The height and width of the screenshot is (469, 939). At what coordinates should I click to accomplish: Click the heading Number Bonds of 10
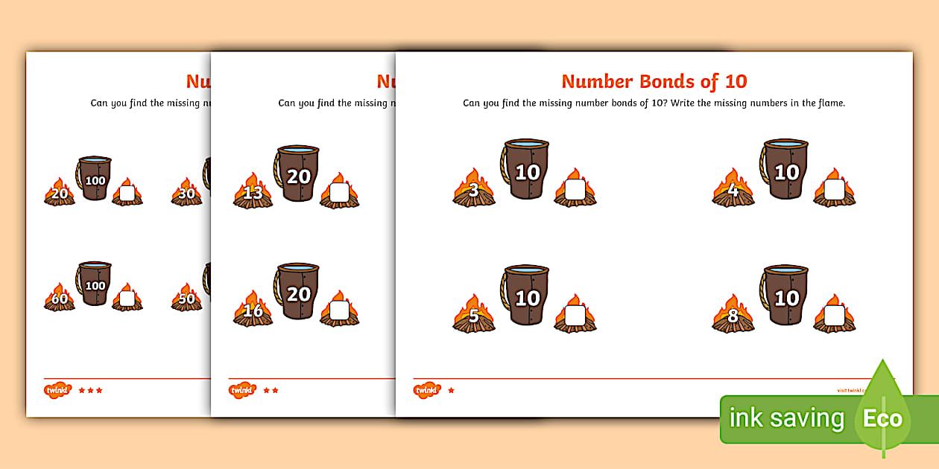654,81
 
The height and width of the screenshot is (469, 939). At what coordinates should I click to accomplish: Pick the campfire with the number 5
474,315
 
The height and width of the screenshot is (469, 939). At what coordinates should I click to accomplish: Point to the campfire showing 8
733,315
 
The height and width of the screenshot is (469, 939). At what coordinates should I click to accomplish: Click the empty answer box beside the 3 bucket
575,191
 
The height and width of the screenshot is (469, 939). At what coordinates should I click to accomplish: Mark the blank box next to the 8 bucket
834,316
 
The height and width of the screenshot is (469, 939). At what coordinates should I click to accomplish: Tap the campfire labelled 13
253,192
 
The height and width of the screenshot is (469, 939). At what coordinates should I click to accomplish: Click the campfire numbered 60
59,298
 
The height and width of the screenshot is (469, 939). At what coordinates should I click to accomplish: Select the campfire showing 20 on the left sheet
59,193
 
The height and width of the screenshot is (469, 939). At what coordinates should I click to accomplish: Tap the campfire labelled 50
186,298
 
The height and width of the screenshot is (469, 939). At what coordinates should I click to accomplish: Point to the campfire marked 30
186,193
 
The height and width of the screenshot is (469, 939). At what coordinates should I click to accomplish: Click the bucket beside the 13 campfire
297,173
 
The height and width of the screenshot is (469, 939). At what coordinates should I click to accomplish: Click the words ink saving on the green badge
786,418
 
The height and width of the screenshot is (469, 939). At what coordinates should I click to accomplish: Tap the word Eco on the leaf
882,418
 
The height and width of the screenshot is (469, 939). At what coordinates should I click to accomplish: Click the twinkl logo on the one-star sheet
427,390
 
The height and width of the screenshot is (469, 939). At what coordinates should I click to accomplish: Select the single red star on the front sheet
451,390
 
